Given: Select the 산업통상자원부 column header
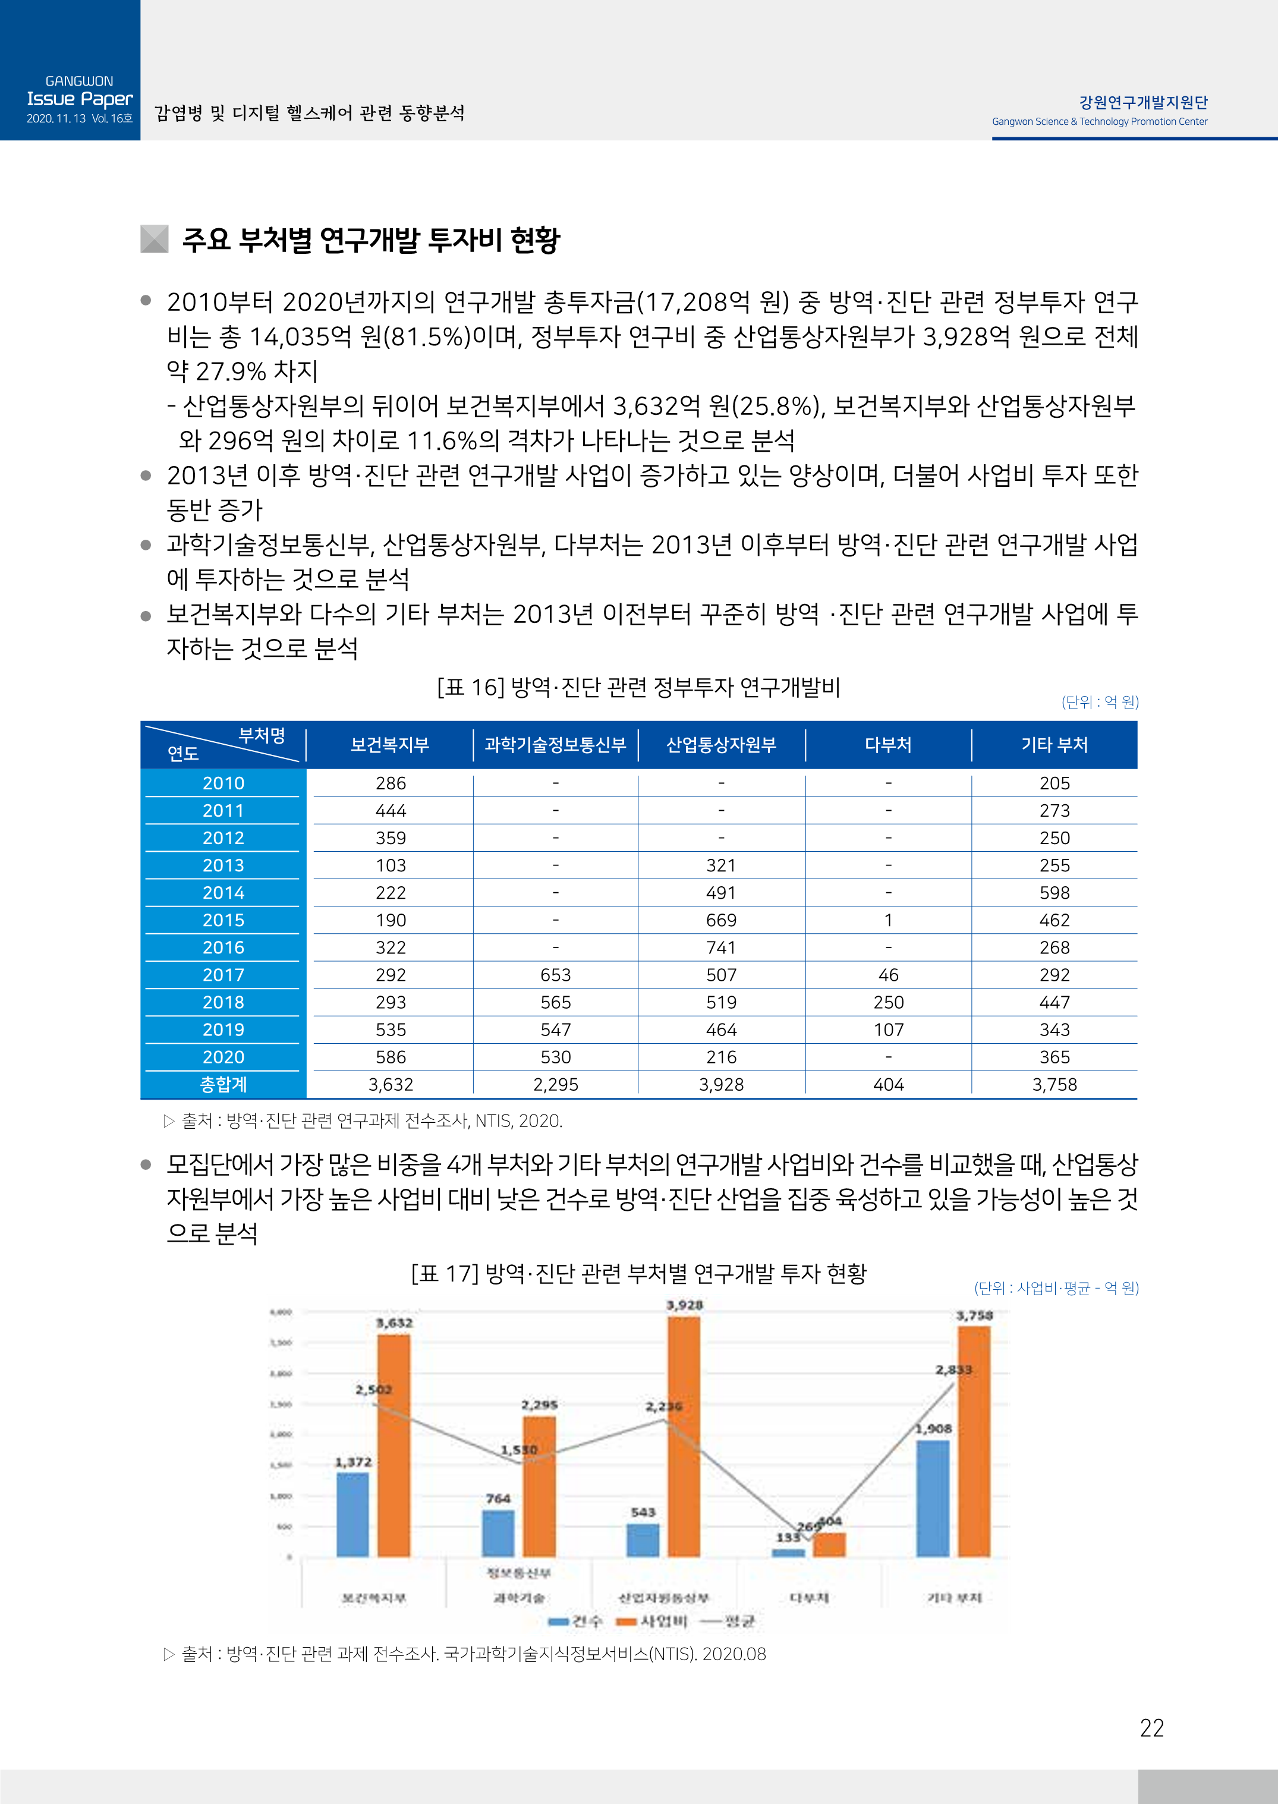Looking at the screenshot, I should [x=721, y=745].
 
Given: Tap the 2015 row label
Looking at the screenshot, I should [x=224, y=920].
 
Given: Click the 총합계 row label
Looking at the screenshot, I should [x=224, y=1084].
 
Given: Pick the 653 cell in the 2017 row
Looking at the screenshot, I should [x=556, y=975].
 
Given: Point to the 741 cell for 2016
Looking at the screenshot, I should [x=721, y=947].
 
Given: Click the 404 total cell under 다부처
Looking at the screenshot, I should [x=889, y=1084].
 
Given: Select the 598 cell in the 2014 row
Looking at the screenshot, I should [x=1054, y=892].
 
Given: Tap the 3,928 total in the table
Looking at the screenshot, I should [x=721, y=1084].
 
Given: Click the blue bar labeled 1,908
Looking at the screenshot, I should [x=933, y=1498].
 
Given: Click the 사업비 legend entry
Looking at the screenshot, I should [x=653, y=1621].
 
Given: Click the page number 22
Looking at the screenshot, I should [x=1151, y=1729].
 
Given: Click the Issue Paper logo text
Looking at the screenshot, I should [x=80, y=99].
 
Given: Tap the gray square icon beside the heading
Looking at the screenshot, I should [x=154, y=239].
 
